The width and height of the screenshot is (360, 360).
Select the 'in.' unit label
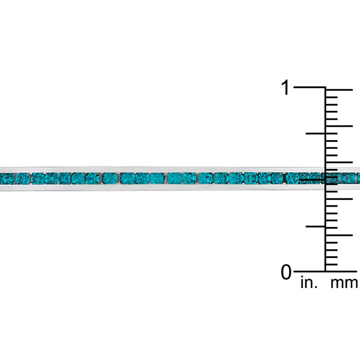pyautogui.click(x=308, y=284)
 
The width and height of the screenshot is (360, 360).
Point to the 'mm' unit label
pyautogui.click(x=344, y=284)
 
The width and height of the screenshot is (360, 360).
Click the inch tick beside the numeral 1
pyautogui.click(x=309, y=88)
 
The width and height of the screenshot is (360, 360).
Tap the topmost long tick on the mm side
pyautogui.click(x=339, y=90)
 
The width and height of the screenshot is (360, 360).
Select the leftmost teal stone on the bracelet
pyautogui.click(x=7, y=178)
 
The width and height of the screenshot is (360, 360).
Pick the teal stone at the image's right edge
pyautogui.click(x=354, y=178)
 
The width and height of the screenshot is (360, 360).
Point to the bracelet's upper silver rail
pyautogui.click(x=166, y=168)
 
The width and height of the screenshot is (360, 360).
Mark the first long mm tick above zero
pyautogui.click(x=339, y=235)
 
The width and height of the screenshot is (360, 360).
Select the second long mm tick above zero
pyautogui.click(x=339, y=199)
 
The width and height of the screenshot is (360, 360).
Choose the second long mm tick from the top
pyautogui.click(x=339, y=126)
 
